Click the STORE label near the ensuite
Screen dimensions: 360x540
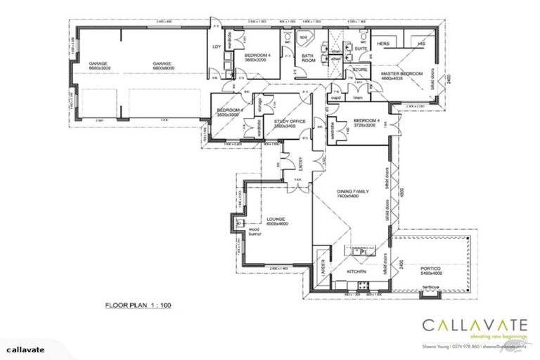click(361, 70)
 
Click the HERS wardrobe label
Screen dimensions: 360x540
click(383, 44)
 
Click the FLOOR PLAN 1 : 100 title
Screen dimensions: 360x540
click(139, 306)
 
